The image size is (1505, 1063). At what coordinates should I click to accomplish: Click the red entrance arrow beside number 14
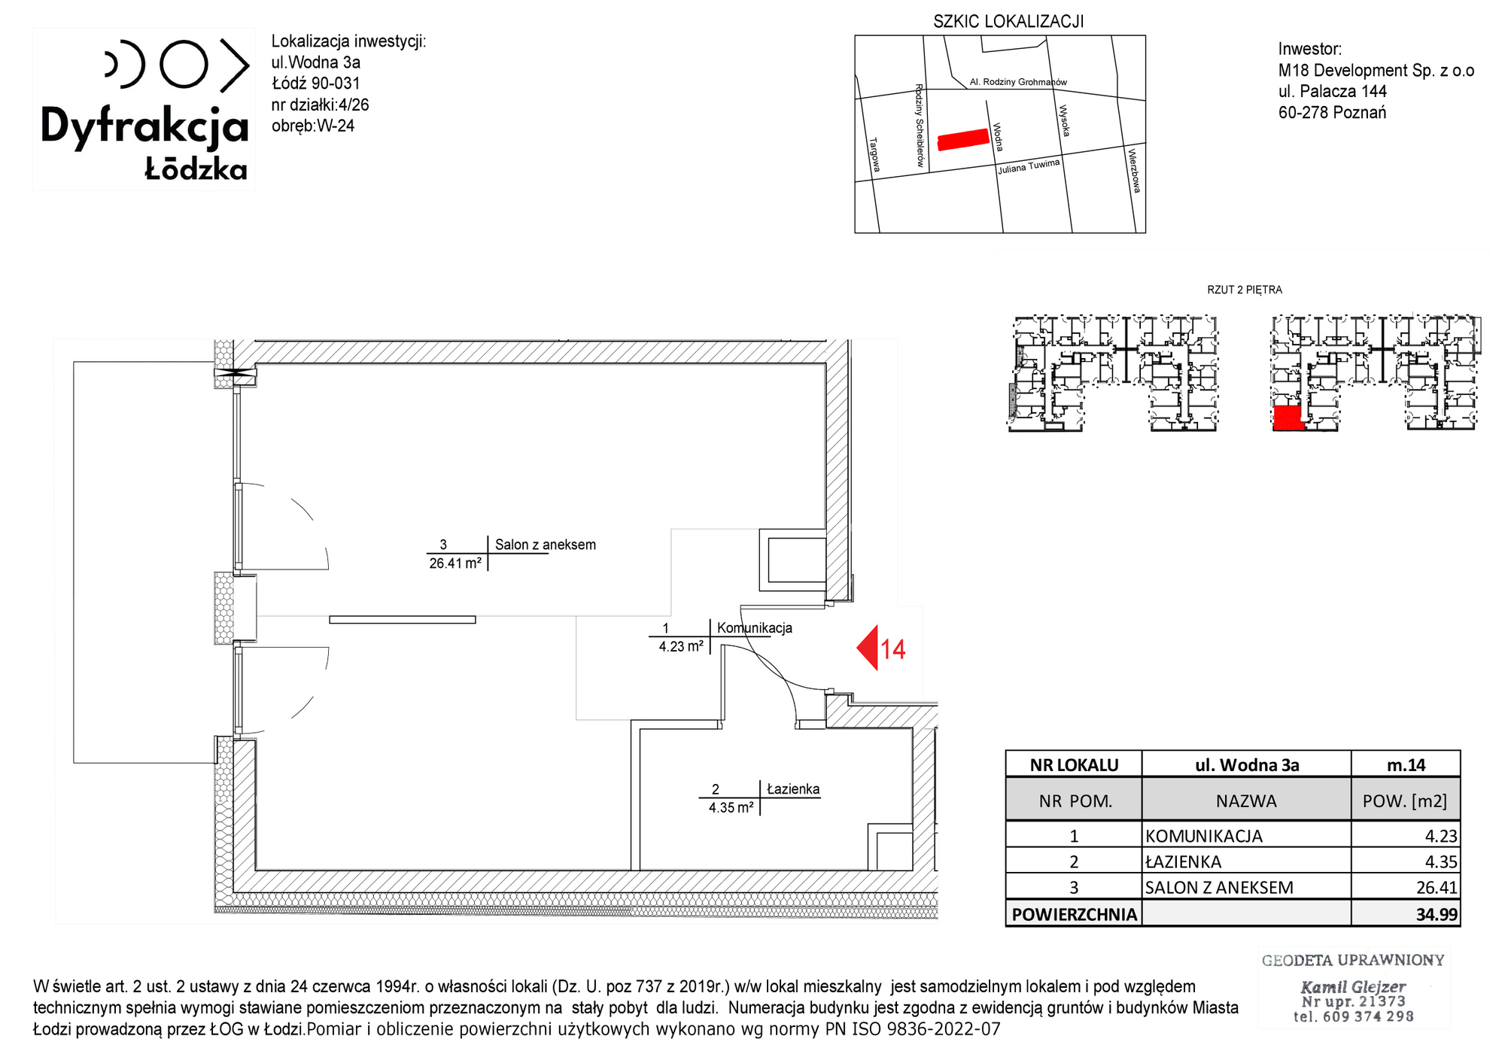pos(869,648)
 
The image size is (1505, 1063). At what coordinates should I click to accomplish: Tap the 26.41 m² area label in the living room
pos(455,563)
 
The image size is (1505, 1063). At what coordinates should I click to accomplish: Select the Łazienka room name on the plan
pos(793,789)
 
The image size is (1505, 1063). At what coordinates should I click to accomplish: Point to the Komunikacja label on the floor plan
pos(755,628)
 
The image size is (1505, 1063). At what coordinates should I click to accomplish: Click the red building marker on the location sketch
pos(963,140)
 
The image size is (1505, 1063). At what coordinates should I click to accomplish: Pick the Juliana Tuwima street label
pos(1029,166)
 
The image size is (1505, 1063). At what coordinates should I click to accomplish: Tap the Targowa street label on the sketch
pos(874,153)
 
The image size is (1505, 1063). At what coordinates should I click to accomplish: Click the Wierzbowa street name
pos(1134,171)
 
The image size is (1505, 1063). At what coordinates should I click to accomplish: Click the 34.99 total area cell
pos(1437,914)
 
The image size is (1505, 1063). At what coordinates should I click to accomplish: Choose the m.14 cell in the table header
pos(1406,765)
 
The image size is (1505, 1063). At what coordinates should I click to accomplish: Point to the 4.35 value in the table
pos(1441,861)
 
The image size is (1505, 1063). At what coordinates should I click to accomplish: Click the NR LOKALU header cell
pos(1074,765)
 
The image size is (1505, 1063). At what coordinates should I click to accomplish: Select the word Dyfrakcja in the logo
pos(144,126)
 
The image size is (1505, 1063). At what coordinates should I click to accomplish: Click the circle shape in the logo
pos(184,65)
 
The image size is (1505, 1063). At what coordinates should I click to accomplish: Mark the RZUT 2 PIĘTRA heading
pos(1245,290)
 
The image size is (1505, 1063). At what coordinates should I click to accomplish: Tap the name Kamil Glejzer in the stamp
pos(1353,986)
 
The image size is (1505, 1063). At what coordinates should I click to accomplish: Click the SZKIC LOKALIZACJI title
pos(1008,22)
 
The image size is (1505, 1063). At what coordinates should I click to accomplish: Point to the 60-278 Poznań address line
pos(1332,113)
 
